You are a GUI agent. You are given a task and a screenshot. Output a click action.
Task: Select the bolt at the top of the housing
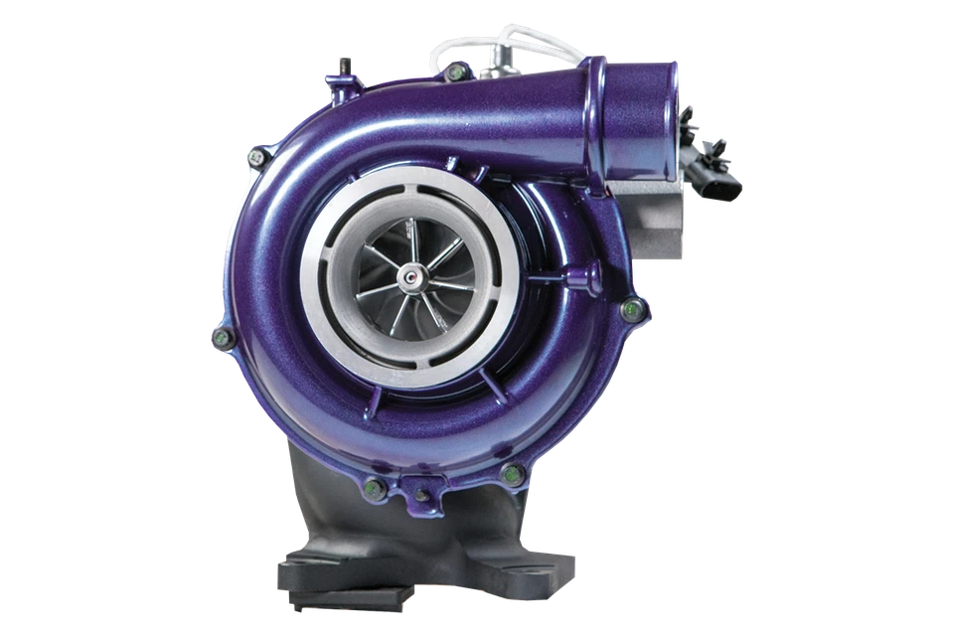[456, 73]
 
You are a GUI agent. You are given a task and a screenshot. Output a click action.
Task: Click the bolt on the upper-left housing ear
[256, 156]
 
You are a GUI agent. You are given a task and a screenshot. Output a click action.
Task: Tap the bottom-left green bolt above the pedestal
[375, 488]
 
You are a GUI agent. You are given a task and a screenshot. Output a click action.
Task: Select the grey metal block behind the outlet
[646, 213]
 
